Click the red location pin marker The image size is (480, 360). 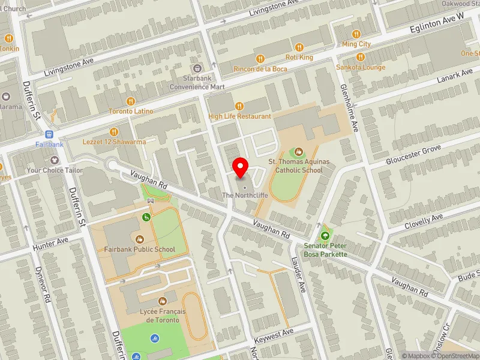[x=241, y=168]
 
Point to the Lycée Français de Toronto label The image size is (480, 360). [x=162, y=316]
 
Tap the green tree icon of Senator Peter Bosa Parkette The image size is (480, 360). [x=326, y=236]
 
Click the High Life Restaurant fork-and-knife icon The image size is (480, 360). [x=239, y=106]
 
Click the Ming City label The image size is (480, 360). [x=356, y=44]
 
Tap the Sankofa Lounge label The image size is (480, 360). [x=361, y=67]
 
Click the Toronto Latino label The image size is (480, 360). [x=130, y=112]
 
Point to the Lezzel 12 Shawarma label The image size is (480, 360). [x=114, y=142]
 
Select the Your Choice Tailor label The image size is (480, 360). [x=55, y=170]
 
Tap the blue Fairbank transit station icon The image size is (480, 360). [x=50, y=134]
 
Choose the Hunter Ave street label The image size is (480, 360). [x=52, y=242]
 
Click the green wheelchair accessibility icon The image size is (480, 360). [x=146, y=217]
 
